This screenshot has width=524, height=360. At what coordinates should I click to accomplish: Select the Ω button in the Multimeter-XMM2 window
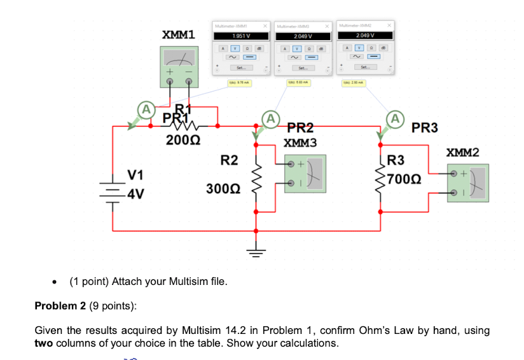[373, 48]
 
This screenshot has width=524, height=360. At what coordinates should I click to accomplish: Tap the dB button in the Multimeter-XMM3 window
[321, 48]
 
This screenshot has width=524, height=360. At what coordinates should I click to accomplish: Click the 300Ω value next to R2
[223, 189]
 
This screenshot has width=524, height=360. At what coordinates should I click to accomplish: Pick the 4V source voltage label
[136, 194]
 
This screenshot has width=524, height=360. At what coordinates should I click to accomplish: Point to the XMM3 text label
[301, 143]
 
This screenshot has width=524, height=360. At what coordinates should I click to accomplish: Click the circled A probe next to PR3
[396, 118]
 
